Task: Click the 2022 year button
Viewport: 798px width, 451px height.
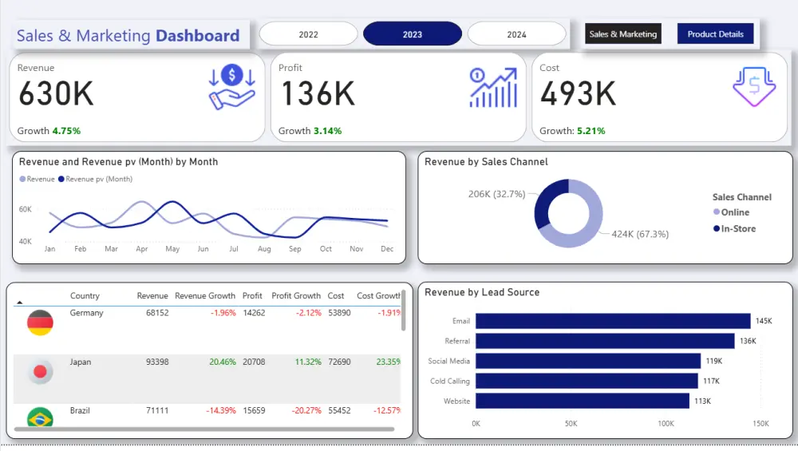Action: (x=308, y=34)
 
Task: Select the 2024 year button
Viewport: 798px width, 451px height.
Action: (x=516, y=34)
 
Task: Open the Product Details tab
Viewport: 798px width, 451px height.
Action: (x=715, y=34)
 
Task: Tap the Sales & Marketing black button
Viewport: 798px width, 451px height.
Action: (x=622, y=34)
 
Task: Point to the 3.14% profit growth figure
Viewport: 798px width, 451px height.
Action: (x=327, y=131)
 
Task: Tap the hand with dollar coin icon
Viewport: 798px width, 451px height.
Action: (x=231, y=88)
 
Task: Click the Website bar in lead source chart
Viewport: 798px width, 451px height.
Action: (x=582, y=401)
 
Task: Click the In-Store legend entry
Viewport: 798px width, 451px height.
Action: (x=737, y=229)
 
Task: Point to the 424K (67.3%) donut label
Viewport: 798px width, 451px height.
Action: (x=641, y=234)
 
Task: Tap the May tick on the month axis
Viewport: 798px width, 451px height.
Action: (x=172, y=250)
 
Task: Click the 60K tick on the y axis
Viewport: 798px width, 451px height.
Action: (x=26, y=209)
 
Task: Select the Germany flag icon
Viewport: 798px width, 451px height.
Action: (x=40, y=323)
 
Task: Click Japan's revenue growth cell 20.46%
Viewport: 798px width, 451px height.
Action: (x=222, y=362)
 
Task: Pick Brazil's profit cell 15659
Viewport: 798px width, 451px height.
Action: (x=252, y=411)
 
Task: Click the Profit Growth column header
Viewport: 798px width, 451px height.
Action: (x=295, y=296)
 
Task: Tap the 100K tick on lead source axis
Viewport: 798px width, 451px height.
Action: (x=666, y=424)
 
